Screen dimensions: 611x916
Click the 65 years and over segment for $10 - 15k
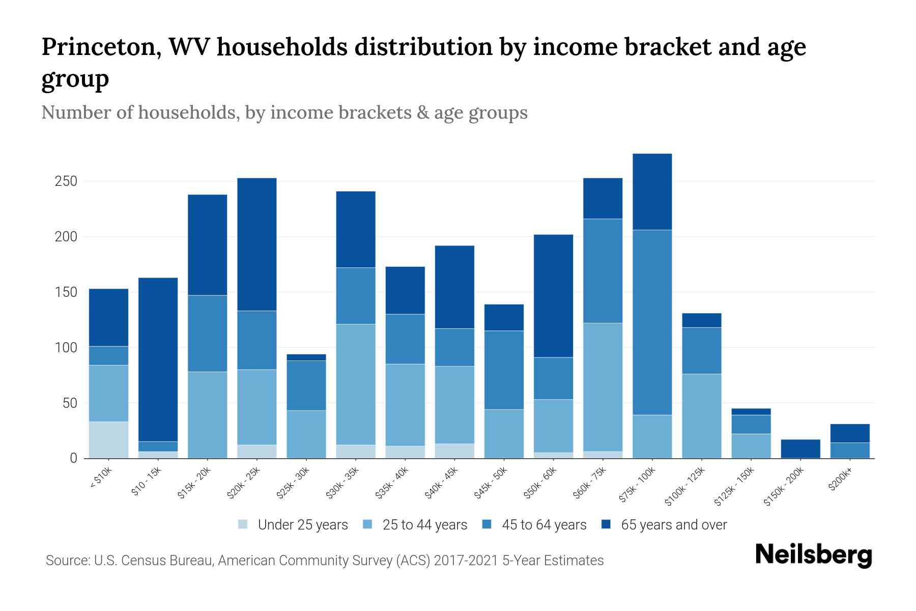click(x=158, y=359)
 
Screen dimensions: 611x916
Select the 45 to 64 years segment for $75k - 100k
click(x=652, y=322)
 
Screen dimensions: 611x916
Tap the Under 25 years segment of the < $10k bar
click(x=108, y=440)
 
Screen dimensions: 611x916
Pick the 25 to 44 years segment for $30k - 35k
click(x=356, y=384)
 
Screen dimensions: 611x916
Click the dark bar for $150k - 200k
click(x=800, y=449)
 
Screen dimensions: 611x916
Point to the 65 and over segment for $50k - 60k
click(x=553, y=296)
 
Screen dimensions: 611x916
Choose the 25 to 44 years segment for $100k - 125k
click(x=702, y=416)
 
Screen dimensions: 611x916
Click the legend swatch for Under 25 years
click(x=243, y=524)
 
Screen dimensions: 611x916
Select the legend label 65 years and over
click(x=674, y=525)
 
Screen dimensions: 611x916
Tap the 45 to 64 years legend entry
click(x=543, y=525)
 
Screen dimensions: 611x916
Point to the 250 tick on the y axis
click(x=66, y=181)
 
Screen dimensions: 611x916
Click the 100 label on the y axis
click(x=66, y=348)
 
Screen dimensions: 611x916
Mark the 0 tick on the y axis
click(x=73, y=458)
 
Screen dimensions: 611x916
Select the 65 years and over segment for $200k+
click(x=850, y=433)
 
